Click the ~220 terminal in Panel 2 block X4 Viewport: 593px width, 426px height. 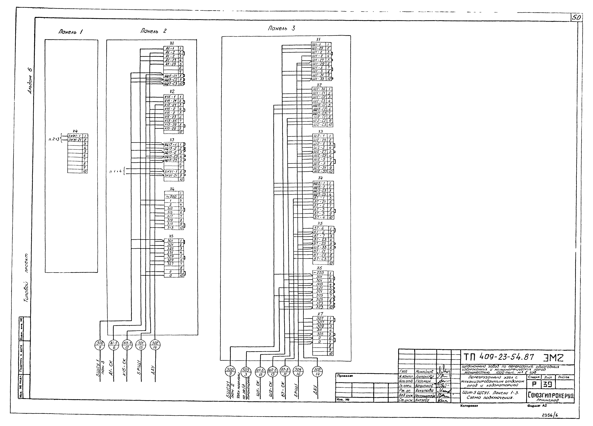point(171,197)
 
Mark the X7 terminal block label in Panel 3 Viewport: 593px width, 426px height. point(320,314)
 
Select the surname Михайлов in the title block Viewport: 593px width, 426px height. point(424,372)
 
